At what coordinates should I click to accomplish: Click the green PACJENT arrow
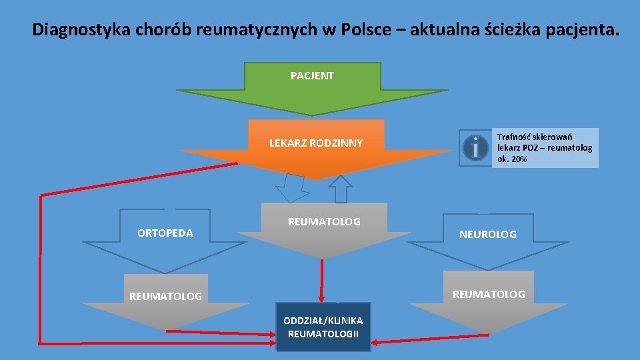[x=312, y=88]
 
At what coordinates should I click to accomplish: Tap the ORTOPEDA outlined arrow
[x=165, y=241]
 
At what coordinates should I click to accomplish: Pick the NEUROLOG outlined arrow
[x=488, y=241]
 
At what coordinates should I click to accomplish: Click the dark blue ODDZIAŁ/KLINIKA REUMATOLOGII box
[x=323, y=327]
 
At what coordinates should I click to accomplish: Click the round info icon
[x=475, y=147]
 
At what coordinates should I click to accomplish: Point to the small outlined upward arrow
[x=341, y=189]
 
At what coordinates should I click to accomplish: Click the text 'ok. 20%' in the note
[x=512, y=159]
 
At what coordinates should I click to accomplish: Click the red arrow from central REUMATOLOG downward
[x=321, y=281]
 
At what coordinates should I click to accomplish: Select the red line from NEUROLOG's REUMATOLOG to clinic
[x=430, y=339]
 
